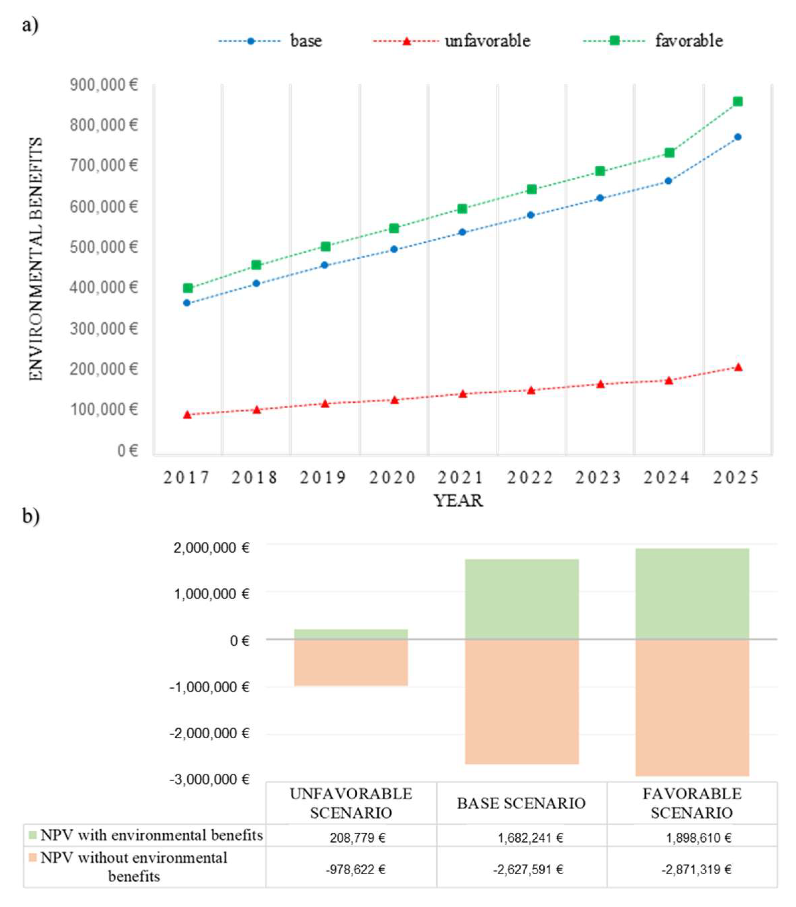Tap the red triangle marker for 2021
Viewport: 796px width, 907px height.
462,394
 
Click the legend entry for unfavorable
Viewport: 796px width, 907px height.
451,41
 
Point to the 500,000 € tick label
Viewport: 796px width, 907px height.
103,247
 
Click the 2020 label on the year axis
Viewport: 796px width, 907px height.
392,478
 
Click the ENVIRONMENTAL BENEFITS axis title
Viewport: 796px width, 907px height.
36,259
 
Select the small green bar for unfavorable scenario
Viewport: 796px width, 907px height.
351,634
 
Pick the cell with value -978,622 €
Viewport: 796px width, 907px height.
355,869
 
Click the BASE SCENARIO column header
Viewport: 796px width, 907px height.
521,804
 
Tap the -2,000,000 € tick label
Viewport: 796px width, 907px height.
209,733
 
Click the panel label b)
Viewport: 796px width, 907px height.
31,516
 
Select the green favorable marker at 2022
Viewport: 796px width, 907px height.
531,189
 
